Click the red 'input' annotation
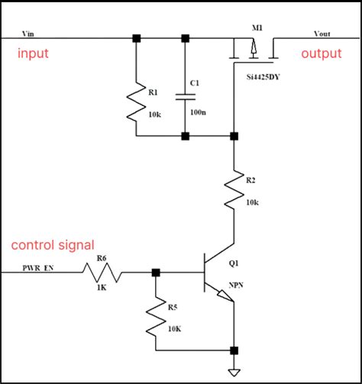point(34,53)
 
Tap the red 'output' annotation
point(322,53)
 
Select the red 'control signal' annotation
point(53,245)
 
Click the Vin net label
point(31,34)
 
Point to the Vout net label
point(322,34)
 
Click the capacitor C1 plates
point(184,96)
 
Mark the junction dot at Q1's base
point(156,272)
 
